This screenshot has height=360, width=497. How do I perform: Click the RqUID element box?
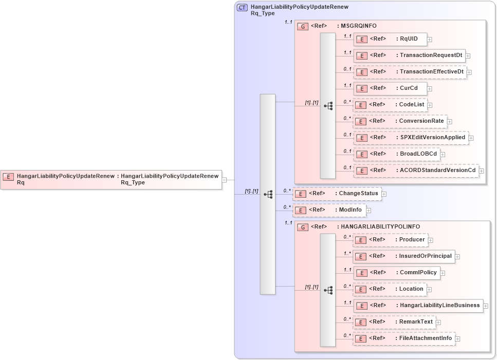[x=390, y=39]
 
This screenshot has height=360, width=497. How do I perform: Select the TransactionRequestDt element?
[x=409, y=55]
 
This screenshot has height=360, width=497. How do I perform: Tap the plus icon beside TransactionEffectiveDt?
[x=469, y=72]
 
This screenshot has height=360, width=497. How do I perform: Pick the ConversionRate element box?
[x=400, y=121]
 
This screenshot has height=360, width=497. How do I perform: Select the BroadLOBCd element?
[x=396, y=154]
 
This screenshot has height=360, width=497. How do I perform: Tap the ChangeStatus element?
[x=337, y=194]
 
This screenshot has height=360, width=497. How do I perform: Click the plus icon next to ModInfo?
[x=369, y=211]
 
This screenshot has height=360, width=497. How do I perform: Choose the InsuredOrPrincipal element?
[x=403, y=256]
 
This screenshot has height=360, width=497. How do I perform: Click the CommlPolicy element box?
[x=396, y=273]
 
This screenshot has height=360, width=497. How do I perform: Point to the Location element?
[x=390, y=289]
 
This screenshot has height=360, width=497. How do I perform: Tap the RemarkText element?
[x=394, y=322]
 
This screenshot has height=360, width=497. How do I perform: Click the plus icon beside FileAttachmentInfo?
[x=457, y=339]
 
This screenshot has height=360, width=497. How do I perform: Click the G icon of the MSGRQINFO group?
[x=303, y=26]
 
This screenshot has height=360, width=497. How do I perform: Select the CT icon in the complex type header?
[x=242, y=8]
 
